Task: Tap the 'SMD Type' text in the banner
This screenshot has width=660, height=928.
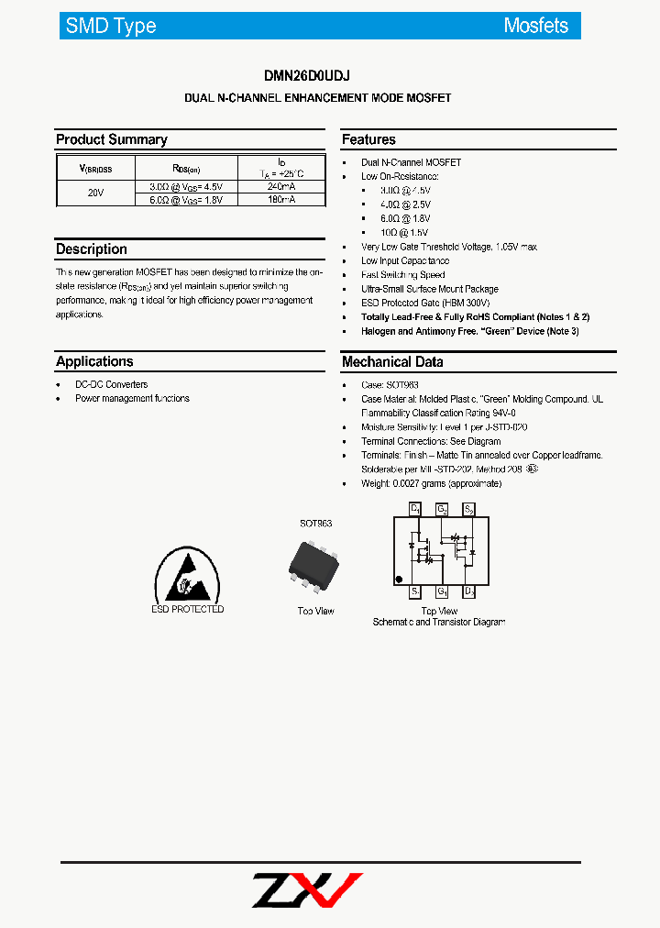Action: pyautogui.click(x=111, y=26)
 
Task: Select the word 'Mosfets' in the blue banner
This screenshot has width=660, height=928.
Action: pyautogui.click(x=535, y=26)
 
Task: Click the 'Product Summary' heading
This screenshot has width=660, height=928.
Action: pyautogui.click(x=112, y=139)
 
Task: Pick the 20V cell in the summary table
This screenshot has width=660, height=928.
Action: pyautogui.click(x=95, y=193)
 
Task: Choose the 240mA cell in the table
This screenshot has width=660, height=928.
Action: pyautogui.click(x=281, y=186)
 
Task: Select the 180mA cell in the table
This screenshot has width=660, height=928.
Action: pyautogui.click(x=281, y=199)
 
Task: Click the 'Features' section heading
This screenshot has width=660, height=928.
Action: pyautogui.click(x=368, y=139)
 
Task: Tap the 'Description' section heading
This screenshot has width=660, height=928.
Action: pyautogui.click(x=92, y=249)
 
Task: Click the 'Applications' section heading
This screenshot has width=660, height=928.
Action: pyautogui.click(x=94, y=361)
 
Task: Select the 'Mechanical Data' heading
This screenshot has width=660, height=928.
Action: pyautogui.click(x=392, y=361)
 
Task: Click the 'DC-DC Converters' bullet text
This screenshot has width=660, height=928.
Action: pyautogui.click(x=111, y=384)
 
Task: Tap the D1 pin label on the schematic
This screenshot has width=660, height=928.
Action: pyautogui.click(x=415, y=508)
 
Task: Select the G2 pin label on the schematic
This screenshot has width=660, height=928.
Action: pyautogui.click(x=441, y=508)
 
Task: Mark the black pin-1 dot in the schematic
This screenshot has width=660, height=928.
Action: pyautogui.click(x=399, y=579)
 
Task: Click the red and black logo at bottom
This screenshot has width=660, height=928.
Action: pyautogui.click(x=307, y=889)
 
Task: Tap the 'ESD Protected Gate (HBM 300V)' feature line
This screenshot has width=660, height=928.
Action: pyautogui.click(x=425, y=303)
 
